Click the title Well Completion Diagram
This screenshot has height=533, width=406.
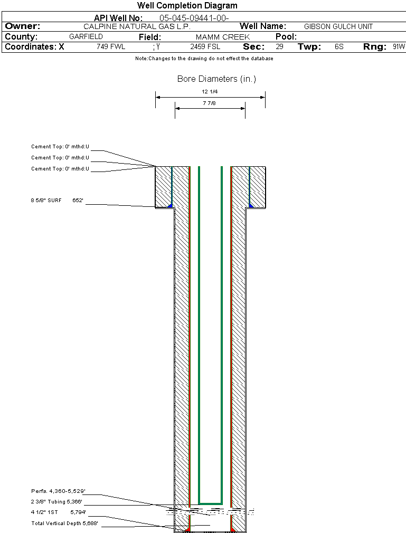coord(187,6)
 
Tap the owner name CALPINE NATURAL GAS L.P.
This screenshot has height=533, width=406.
coord(137,26)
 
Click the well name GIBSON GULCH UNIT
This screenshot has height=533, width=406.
coord(338,26)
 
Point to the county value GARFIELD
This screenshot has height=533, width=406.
coord(86,37)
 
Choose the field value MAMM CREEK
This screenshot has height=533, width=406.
coord(222,37)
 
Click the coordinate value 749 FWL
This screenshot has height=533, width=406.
coord(111,47)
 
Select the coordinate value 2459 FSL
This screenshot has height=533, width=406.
coord(205,47)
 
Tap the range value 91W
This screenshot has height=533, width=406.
coord(399,47)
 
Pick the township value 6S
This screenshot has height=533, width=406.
coord(339,47)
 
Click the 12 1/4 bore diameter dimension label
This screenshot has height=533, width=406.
coord(210,92)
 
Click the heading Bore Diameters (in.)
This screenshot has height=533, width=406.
coord(216,79)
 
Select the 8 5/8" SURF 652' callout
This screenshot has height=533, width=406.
coord(58,201)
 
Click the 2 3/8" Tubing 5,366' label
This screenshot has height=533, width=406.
coord(57,502)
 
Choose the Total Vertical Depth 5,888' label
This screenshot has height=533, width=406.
coord(64,524)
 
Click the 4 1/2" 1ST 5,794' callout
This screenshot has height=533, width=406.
coord(58,512)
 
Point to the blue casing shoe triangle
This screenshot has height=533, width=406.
coord(251,204)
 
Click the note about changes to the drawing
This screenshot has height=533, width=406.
coord(204,59)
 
